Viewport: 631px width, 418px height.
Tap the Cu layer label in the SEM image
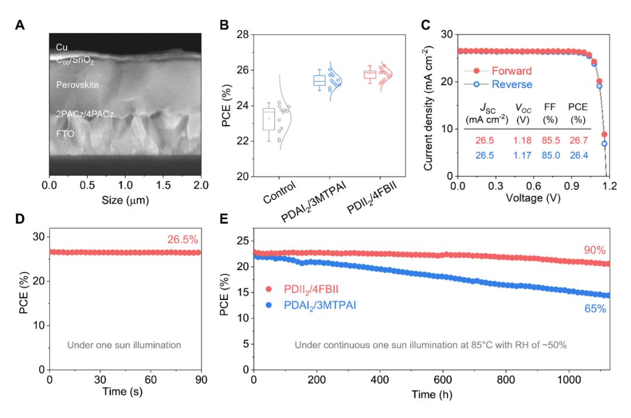[61, 46]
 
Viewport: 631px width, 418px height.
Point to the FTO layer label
[65, 134]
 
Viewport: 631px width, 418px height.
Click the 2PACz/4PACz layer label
[85, 115]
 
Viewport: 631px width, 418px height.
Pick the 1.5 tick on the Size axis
[163, 186]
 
